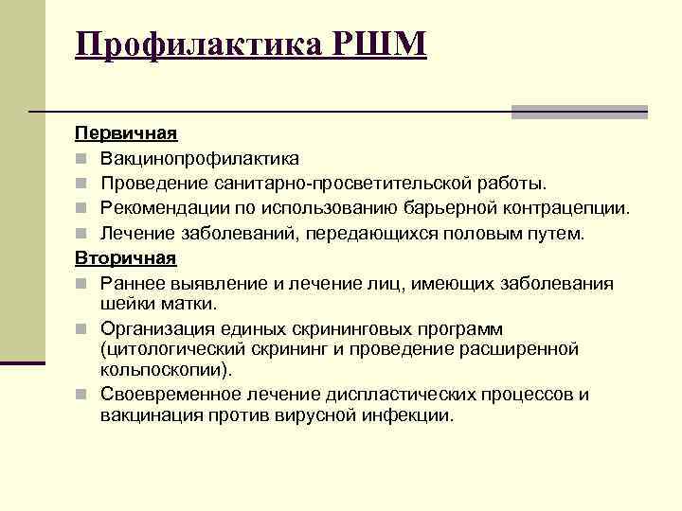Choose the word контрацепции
click(574, 207)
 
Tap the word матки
click(192, 304)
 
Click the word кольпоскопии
click(170, 370)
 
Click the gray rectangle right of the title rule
click(579, 112)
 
